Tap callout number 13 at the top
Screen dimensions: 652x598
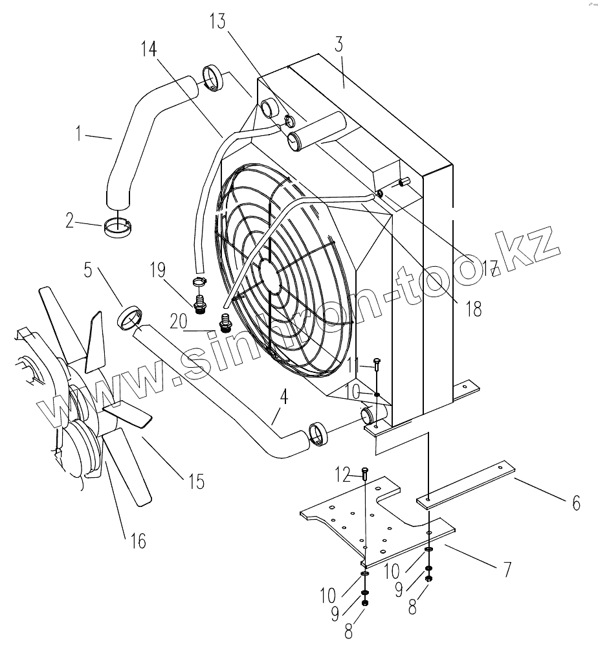pyautogui.click(x=217, y=21)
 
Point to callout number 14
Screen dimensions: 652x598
pyautogui.click(x=148, y=49)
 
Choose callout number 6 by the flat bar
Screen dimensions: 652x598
pyautogui.click(x=575, y=502)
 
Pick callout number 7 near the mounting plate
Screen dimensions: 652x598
pyautogui.click(x=507, y=570)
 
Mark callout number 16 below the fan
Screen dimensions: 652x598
pyautogui.click(x=138, y=539)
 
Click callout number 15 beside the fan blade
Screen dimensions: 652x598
pyautogui.click(x=195, y=481)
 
